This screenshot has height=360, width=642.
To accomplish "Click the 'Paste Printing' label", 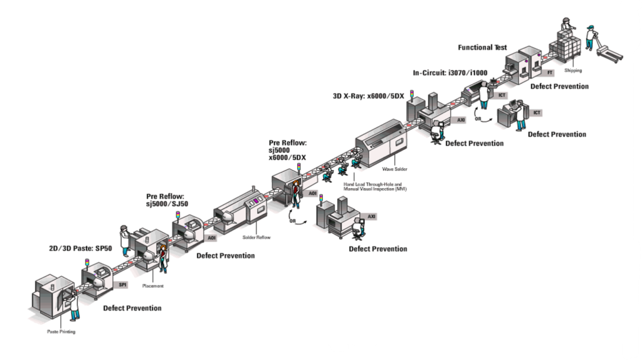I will (61, 331).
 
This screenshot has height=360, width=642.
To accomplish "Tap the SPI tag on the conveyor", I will (123, 285).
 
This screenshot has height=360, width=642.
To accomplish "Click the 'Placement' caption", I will (153, 285).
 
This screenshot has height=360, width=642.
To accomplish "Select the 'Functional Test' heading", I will (482, 48).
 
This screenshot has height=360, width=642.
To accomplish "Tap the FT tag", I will (550, 73).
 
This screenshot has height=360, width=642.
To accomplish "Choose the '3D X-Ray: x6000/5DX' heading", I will (368, 96).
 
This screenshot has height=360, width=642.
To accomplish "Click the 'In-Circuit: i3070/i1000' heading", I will (450, 73).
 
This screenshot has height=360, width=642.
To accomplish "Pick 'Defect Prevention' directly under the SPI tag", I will (132, 308).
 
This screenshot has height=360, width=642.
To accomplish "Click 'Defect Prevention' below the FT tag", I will (559, 86).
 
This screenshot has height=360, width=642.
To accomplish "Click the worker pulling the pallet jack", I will (590, 36).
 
